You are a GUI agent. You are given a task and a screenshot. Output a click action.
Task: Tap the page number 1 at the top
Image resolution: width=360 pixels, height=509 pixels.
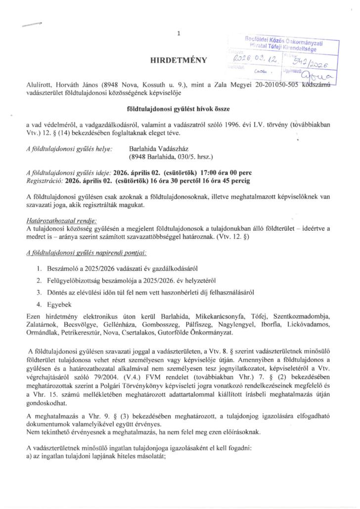pos(179,33)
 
